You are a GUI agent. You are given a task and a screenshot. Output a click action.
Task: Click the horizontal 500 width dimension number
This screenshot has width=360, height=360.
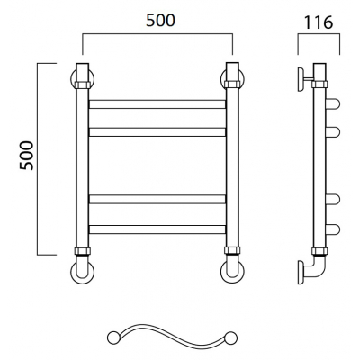[x=160, y=21]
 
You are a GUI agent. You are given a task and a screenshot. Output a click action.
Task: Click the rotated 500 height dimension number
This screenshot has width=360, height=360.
[x=26, y=156]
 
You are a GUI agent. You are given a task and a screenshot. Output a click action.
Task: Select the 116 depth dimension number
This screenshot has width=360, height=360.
[x=319, y=22]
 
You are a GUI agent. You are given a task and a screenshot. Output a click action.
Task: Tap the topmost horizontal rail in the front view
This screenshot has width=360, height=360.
[x=157, y=104]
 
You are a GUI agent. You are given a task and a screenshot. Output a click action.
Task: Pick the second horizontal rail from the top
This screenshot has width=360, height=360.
[x=157, y=132]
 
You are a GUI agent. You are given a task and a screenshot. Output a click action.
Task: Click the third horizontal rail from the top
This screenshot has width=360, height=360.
[x=157, y=199]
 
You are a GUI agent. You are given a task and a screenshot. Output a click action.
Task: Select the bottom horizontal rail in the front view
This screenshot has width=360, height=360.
[x=157, y=229]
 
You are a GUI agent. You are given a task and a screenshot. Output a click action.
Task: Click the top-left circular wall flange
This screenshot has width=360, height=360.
[x=72, y=79]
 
